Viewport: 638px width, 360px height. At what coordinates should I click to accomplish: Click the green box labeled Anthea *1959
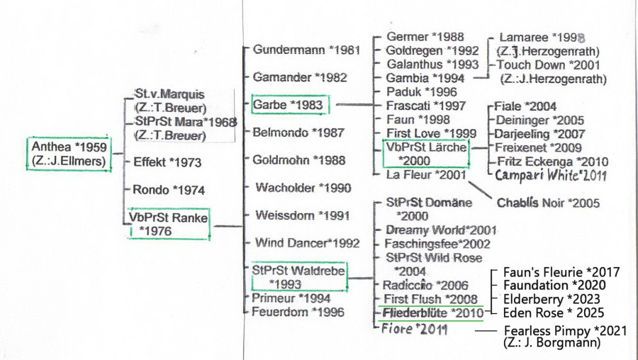69,154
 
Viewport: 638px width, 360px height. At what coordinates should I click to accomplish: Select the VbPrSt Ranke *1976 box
169,224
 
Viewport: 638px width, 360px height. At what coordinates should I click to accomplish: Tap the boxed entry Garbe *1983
290,105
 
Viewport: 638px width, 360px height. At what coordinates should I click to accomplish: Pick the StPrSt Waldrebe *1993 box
299,277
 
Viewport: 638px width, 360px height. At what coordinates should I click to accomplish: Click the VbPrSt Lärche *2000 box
426,153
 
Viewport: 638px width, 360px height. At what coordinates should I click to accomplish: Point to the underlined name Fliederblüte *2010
433,313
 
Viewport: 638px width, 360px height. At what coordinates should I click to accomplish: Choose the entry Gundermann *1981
306,50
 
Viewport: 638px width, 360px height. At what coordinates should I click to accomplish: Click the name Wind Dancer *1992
307,243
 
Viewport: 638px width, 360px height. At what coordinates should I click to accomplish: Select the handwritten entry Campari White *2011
551,175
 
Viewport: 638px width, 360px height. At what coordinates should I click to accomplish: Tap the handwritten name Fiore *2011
414,329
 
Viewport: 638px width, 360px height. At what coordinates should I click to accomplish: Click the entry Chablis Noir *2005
548,203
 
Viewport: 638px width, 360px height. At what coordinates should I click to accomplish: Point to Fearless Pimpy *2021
566,331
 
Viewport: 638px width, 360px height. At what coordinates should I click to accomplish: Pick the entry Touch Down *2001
548,64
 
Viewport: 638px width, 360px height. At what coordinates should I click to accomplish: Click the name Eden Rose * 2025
554,313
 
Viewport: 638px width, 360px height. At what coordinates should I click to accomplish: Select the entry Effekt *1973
167,163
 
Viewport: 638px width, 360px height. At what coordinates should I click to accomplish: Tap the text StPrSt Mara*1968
186,122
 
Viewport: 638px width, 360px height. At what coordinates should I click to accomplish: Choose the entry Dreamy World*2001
441,230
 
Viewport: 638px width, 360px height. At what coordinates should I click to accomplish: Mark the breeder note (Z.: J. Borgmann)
552,342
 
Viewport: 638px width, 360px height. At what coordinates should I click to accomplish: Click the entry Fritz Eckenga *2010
552,162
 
